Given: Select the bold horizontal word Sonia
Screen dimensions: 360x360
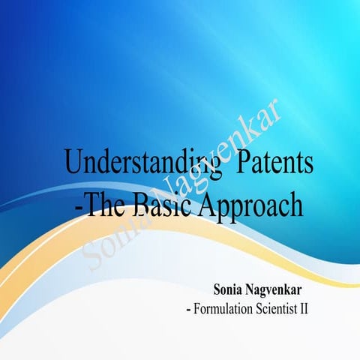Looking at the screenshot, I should coord(229,289).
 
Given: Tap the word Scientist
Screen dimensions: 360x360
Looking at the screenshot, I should coord(280,307).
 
